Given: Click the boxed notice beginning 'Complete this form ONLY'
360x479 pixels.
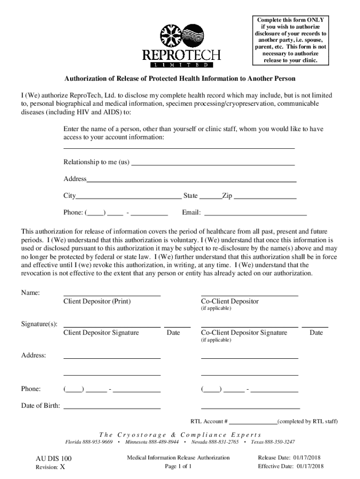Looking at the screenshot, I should (x=290, y=40).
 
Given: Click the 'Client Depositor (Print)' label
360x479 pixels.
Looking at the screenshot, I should (x=97, y=301).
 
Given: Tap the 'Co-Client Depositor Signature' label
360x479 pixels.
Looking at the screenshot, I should (x=244, y=333).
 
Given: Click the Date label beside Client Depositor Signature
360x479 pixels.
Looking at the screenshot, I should (x=173, y=333).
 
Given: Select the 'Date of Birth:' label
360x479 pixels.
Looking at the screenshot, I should (x=40, y=406).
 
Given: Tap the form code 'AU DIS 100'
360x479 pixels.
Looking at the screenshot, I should (x=54, y=459).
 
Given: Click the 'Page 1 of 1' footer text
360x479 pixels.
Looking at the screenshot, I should (x=179, y=466).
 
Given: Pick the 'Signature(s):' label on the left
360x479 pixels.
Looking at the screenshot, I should (x=39, y=324).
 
